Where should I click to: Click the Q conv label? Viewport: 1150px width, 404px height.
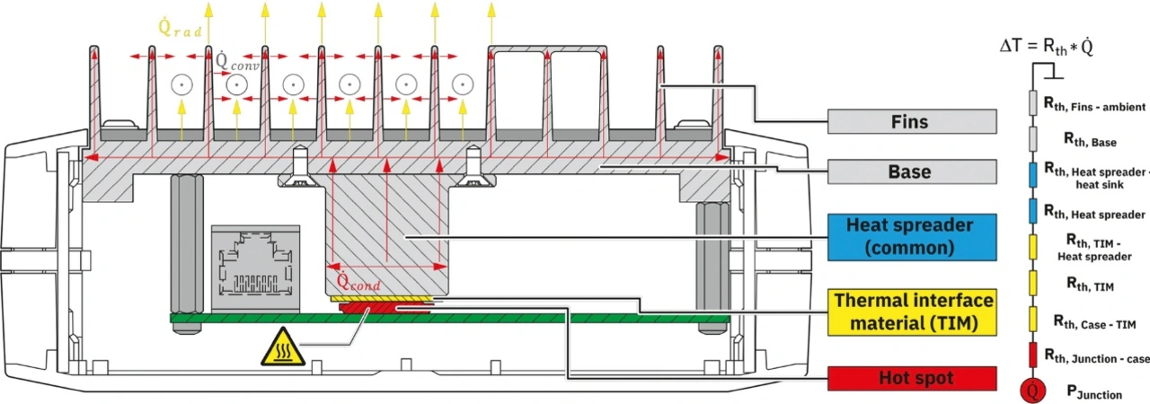coord(235,61)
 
